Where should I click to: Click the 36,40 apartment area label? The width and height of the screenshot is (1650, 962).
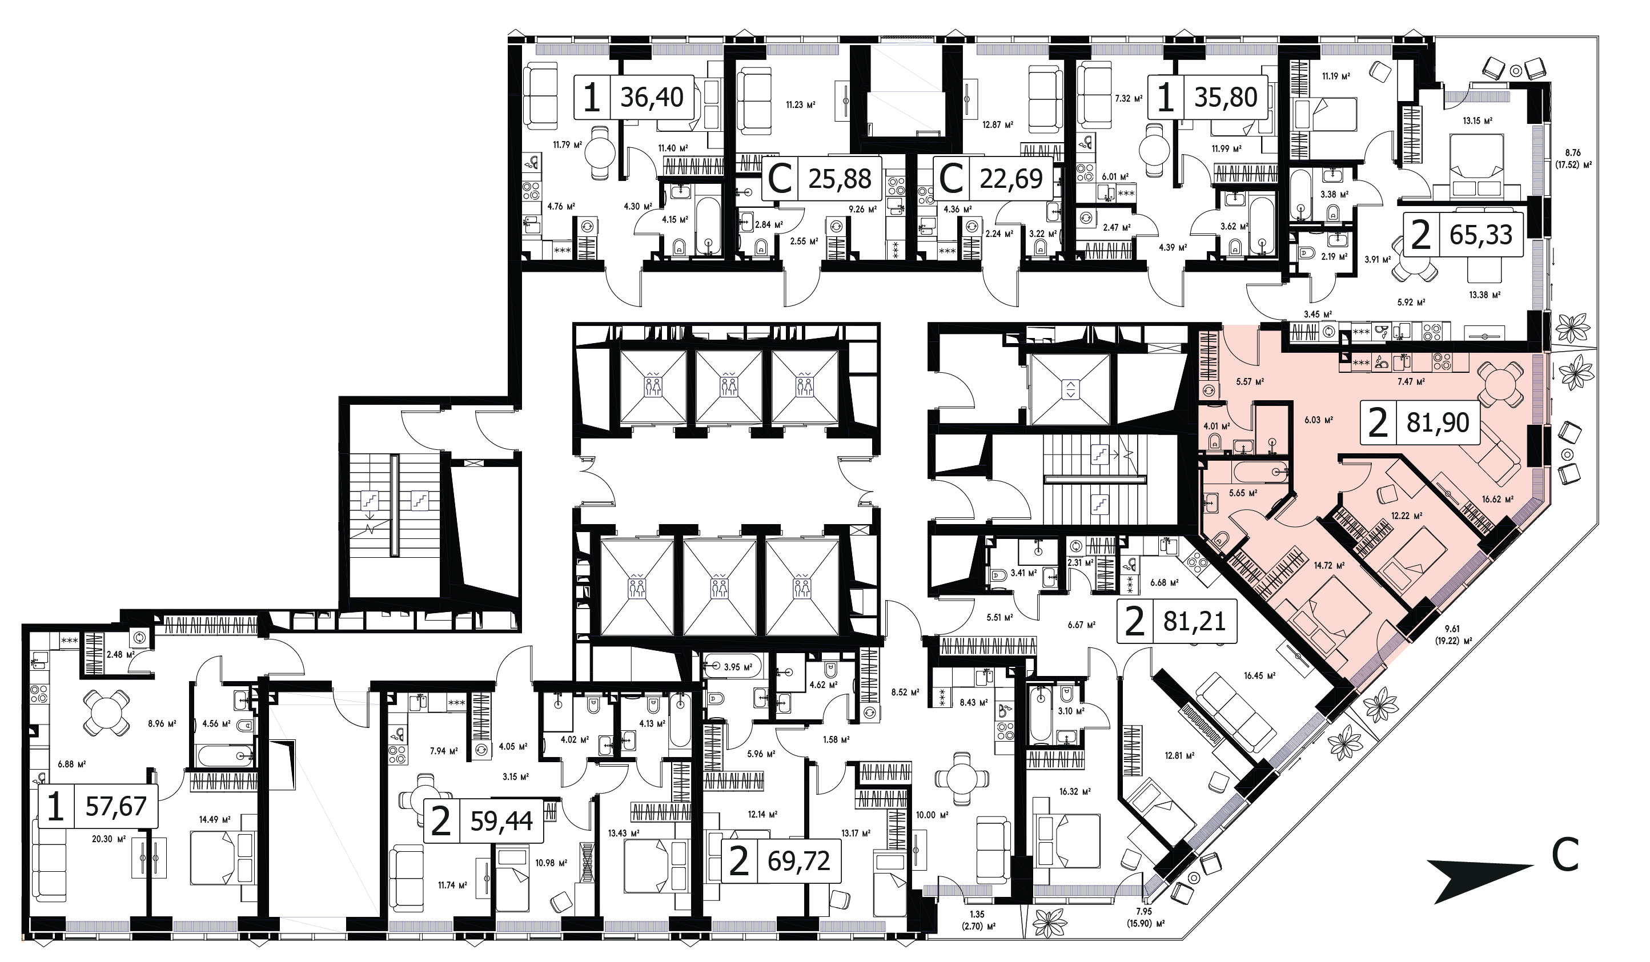pyautogui.click(x=652, y=97)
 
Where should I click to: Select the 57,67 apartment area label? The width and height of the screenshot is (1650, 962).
pyautogui.click(x=116, y=806)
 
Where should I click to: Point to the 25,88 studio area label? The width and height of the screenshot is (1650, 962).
pyautogui.click(x=840, y=178)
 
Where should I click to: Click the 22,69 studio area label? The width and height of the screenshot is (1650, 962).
pyautogui.click(x=1011, y=178)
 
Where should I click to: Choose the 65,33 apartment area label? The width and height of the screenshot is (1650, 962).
pyautogui.click(x=1481, y=234)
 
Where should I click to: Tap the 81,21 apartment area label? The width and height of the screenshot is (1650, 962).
pyautogui.click(x=1194, y=621)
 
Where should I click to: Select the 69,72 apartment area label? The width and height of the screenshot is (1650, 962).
pyautogui.click(x=799, y=860)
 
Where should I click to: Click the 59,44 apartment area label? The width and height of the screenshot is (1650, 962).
pyautogui.click(x=501, y=820)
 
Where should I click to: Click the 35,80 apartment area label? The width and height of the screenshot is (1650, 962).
pyautogui.click(x=1226, y=97)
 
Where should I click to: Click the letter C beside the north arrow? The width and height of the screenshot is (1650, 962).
pyautogui.click(x=1564, y=855)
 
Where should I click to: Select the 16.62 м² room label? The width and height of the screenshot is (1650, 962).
pyautogui.click(x=1498, y=498)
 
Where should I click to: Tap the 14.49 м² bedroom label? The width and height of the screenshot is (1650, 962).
pyautogui.click(x=215, y=819)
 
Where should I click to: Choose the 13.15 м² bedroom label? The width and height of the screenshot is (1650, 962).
pyautogui.click(x=1478, y=120)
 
